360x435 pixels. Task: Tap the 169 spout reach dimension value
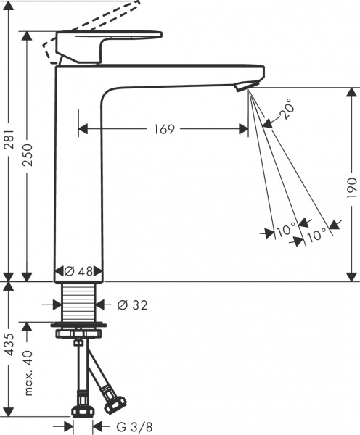point(164,129)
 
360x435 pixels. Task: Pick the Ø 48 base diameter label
point(79,272)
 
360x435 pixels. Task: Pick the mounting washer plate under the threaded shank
point(79,323)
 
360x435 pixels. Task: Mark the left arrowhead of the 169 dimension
point(81,129)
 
